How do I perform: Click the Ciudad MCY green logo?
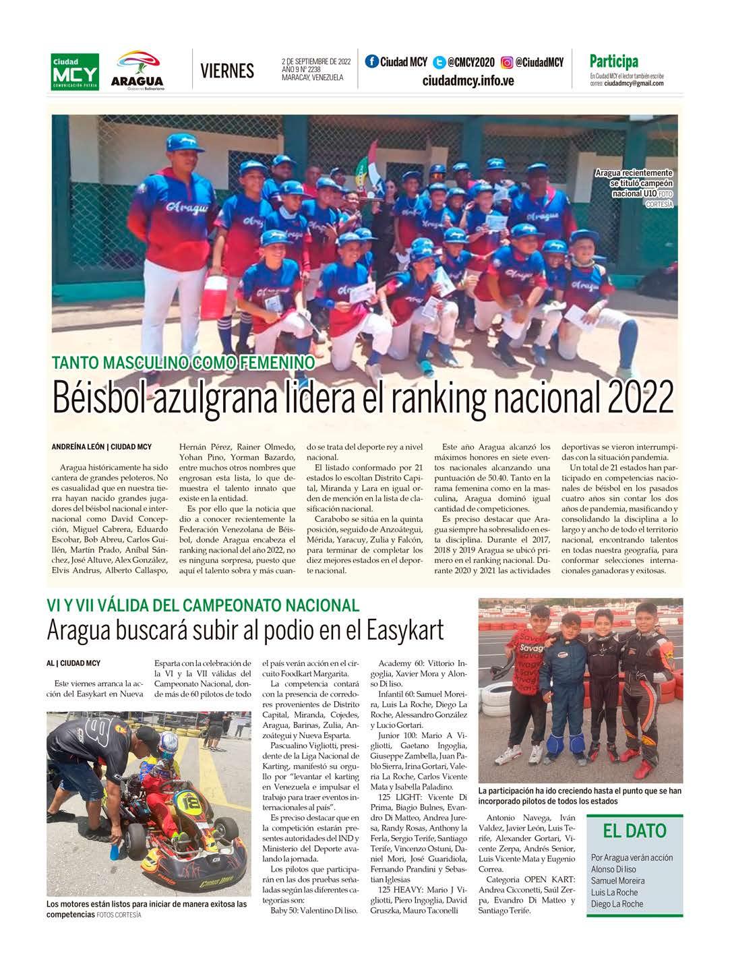point(75,71)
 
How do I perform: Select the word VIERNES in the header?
point(227,71)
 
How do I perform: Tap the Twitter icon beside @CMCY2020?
point(439,63)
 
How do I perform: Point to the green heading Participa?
point(613,61)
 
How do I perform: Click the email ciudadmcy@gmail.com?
point(634,84)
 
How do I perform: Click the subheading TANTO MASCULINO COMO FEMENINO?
point(184,363)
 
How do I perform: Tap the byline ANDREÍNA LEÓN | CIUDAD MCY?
point(101,447)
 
